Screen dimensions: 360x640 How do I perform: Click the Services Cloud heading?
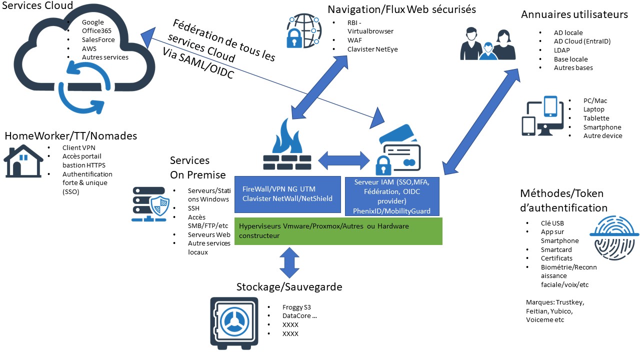coord(38,5)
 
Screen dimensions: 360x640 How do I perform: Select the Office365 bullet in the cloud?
coord(96,31)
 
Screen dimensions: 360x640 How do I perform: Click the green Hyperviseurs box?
coord(338,231)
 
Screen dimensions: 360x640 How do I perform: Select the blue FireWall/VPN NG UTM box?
coord(287,194)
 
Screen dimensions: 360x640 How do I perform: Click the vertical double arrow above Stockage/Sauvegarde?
coord(289,262)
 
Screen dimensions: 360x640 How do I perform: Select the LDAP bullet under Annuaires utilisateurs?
coord(562,50)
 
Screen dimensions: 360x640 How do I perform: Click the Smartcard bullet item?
coord(556,249)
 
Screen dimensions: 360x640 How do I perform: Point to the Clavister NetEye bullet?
coord(373,49)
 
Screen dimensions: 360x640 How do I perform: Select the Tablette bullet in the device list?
coord(596,118)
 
